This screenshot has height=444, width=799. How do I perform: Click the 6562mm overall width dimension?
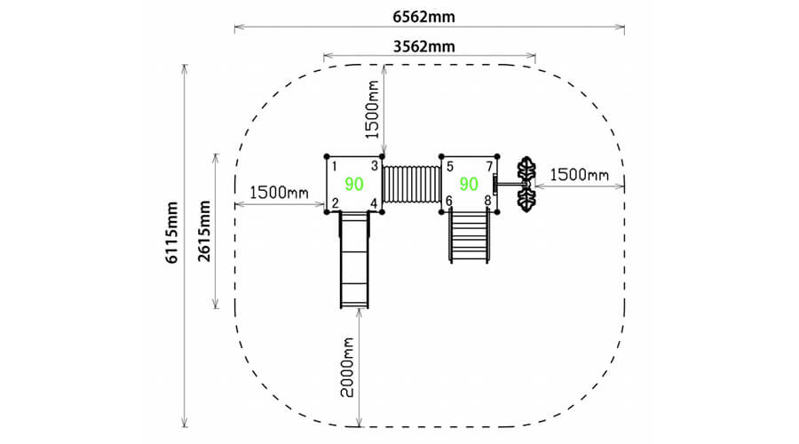click(x=423, y=17)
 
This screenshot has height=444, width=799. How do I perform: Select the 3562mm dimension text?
click(x=424, y=46)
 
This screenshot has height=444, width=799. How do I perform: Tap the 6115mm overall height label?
click(x=172, y=233)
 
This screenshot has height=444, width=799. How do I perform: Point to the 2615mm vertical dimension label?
click(x=204, y=231)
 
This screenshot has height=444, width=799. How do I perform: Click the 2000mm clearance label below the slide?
click(x=347, y=367)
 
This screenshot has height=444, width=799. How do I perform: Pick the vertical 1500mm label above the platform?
click(x=373, y=109)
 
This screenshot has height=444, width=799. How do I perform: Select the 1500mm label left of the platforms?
click(x=279, y=192)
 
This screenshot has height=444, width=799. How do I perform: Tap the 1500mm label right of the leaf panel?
click(x=580, y=175)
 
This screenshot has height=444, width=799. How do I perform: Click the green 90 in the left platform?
click(x=354, y=184)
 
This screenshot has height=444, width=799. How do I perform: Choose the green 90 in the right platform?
click(x=469, y=184)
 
